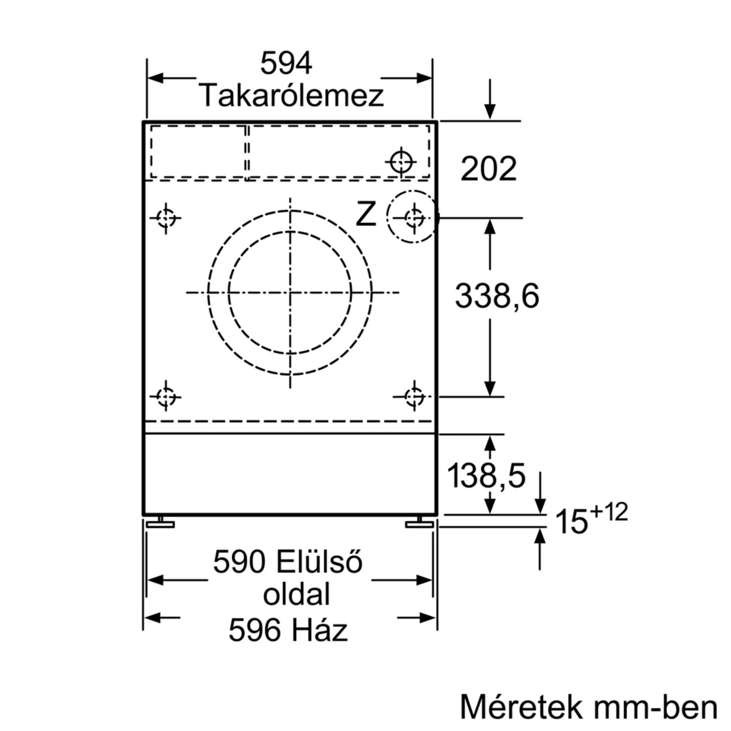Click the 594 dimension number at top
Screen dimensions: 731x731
click(x=286, y=63)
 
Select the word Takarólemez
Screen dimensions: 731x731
click(x=291, y=96)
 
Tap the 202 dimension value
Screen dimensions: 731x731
click(x=488, y=169)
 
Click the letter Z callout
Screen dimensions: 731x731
click(x=366, y=214)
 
